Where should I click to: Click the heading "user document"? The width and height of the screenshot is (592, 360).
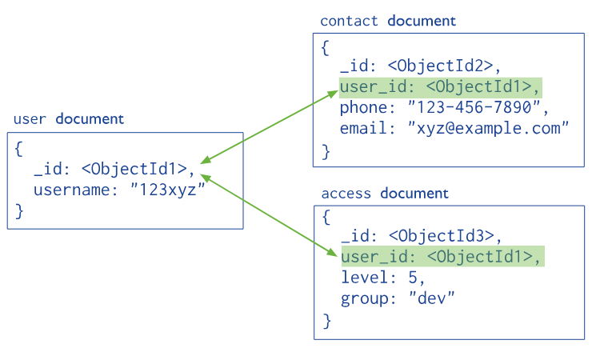pyautogui.click(x=69, y=119)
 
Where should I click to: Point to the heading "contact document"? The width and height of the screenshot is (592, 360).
pyautogui.click(x=388, y=21)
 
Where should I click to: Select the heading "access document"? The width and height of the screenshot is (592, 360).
pyautogui.click(x=385, y=194)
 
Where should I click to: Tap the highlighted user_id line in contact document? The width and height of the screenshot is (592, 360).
pyautogui.click(x=440, y=87)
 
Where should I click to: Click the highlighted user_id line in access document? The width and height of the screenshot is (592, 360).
pyautogui.click(x=442, y=257)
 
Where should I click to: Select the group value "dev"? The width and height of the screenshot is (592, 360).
pyautogui.click(x=432, y=298)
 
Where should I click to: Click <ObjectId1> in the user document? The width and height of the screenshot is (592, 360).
pyautogui.click(x=138, y=169)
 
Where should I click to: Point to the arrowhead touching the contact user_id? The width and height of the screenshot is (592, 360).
pyautogui.click(x=332, y=96)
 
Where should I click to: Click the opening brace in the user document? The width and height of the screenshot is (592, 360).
pyautogui.click(x=20, y=149)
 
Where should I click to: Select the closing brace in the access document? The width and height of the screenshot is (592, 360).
pyautogui.click(x=326, y=320)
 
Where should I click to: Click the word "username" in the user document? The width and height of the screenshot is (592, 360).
pyautogui.click(x=66, y=190)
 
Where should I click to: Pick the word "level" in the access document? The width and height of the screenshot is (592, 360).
pyautogui.click(x=360, y=278)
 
